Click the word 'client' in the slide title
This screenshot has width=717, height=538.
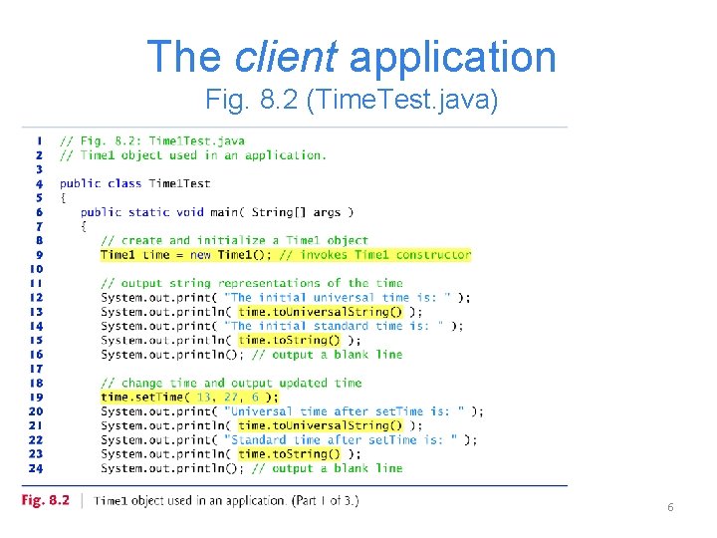point(285,57)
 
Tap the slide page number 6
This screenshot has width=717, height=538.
point(670,507)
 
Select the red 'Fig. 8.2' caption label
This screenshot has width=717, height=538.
point(46,500)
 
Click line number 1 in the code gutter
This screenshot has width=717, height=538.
point(38,140)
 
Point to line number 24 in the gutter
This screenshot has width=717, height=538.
point(35,468)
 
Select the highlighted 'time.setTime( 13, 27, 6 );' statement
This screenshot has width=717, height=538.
point(189,397)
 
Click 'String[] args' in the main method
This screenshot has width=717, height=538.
point(299,212)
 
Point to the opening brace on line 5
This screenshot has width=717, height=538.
point(63,197)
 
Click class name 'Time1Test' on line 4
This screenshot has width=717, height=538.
point(179,183)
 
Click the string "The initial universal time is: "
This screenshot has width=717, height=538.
point(339,297)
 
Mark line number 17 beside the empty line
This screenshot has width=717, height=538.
point(35,369)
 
